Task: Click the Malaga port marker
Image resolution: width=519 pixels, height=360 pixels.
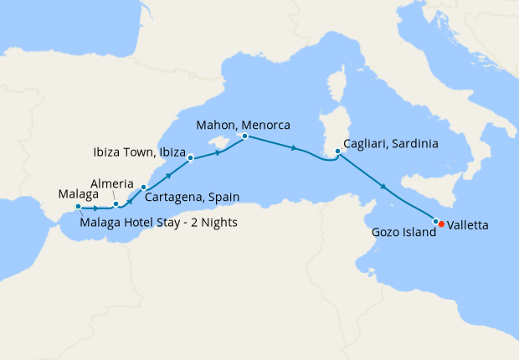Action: pos(78,206)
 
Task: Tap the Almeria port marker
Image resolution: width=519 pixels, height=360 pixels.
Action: pos(116,204)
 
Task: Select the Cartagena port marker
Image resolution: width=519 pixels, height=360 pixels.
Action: pos(143,188)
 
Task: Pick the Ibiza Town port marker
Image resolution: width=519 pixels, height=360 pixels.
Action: pos(191,157)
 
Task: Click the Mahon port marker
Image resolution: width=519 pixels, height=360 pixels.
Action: pos(244,136)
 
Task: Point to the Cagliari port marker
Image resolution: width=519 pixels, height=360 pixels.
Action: pos(337,152)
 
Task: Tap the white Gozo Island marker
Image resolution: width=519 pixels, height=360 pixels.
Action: pos(435,221)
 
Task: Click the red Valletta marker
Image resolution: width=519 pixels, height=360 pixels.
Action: pos(441,224)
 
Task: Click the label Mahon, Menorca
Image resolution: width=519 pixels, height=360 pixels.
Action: pos(243,125)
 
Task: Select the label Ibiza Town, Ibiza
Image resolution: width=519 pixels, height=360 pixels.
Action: pos(139,152)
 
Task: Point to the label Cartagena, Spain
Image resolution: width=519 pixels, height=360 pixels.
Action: pos(193,198)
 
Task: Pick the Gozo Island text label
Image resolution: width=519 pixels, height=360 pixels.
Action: pos(403,233)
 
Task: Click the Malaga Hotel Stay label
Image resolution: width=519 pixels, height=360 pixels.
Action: pos(160,222)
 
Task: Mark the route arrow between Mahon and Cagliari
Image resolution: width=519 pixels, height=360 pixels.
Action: pos(294,148)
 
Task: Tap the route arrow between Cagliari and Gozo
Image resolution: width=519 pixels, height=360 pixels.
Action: pos(383,187)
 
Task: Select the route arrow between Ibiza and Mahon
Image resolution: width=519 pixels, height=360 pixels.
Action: pos(220,152)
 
